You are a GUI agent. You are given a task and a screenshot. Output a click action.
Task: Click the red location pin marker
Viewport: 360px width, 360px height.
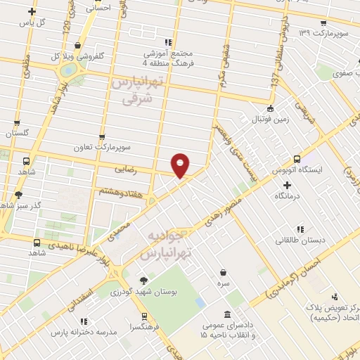(181, 165)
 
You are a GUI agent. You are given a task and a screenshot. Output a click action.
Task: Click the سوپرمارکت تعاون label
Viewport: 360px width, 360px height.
(103, 149)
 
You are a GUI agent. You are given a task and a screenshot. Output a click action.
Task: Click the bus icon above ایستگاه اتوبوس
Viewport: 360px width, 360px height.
(297, 159)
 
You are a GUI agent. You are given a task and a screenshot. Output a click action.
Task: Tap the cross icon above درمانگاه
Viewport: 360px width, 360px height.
(287, 184)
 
